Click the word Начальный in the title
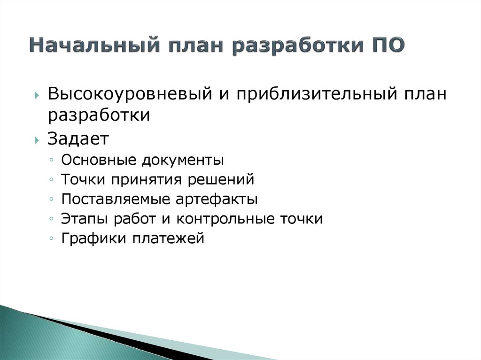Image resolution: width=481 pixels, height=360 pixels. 94,45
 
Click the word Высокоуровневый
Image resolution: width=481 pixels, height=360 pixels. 130,94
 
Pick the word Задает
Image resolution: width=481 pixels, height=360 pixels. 78,138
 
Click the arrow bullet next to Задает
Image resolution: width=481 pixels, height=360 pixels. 37,140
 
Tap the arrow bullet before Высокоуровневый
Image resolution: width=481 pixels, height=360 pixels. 37,95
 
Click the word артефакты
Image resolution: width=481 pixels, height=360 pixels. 217,199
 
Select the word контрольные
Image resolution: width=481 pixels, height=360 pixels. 225,219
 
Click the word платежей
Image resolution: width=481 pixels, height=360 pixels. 169,239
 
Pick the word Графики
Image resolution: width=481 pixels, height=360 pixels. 94,238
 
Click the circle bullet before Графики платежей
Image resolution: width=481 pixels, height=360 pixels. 51,238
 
